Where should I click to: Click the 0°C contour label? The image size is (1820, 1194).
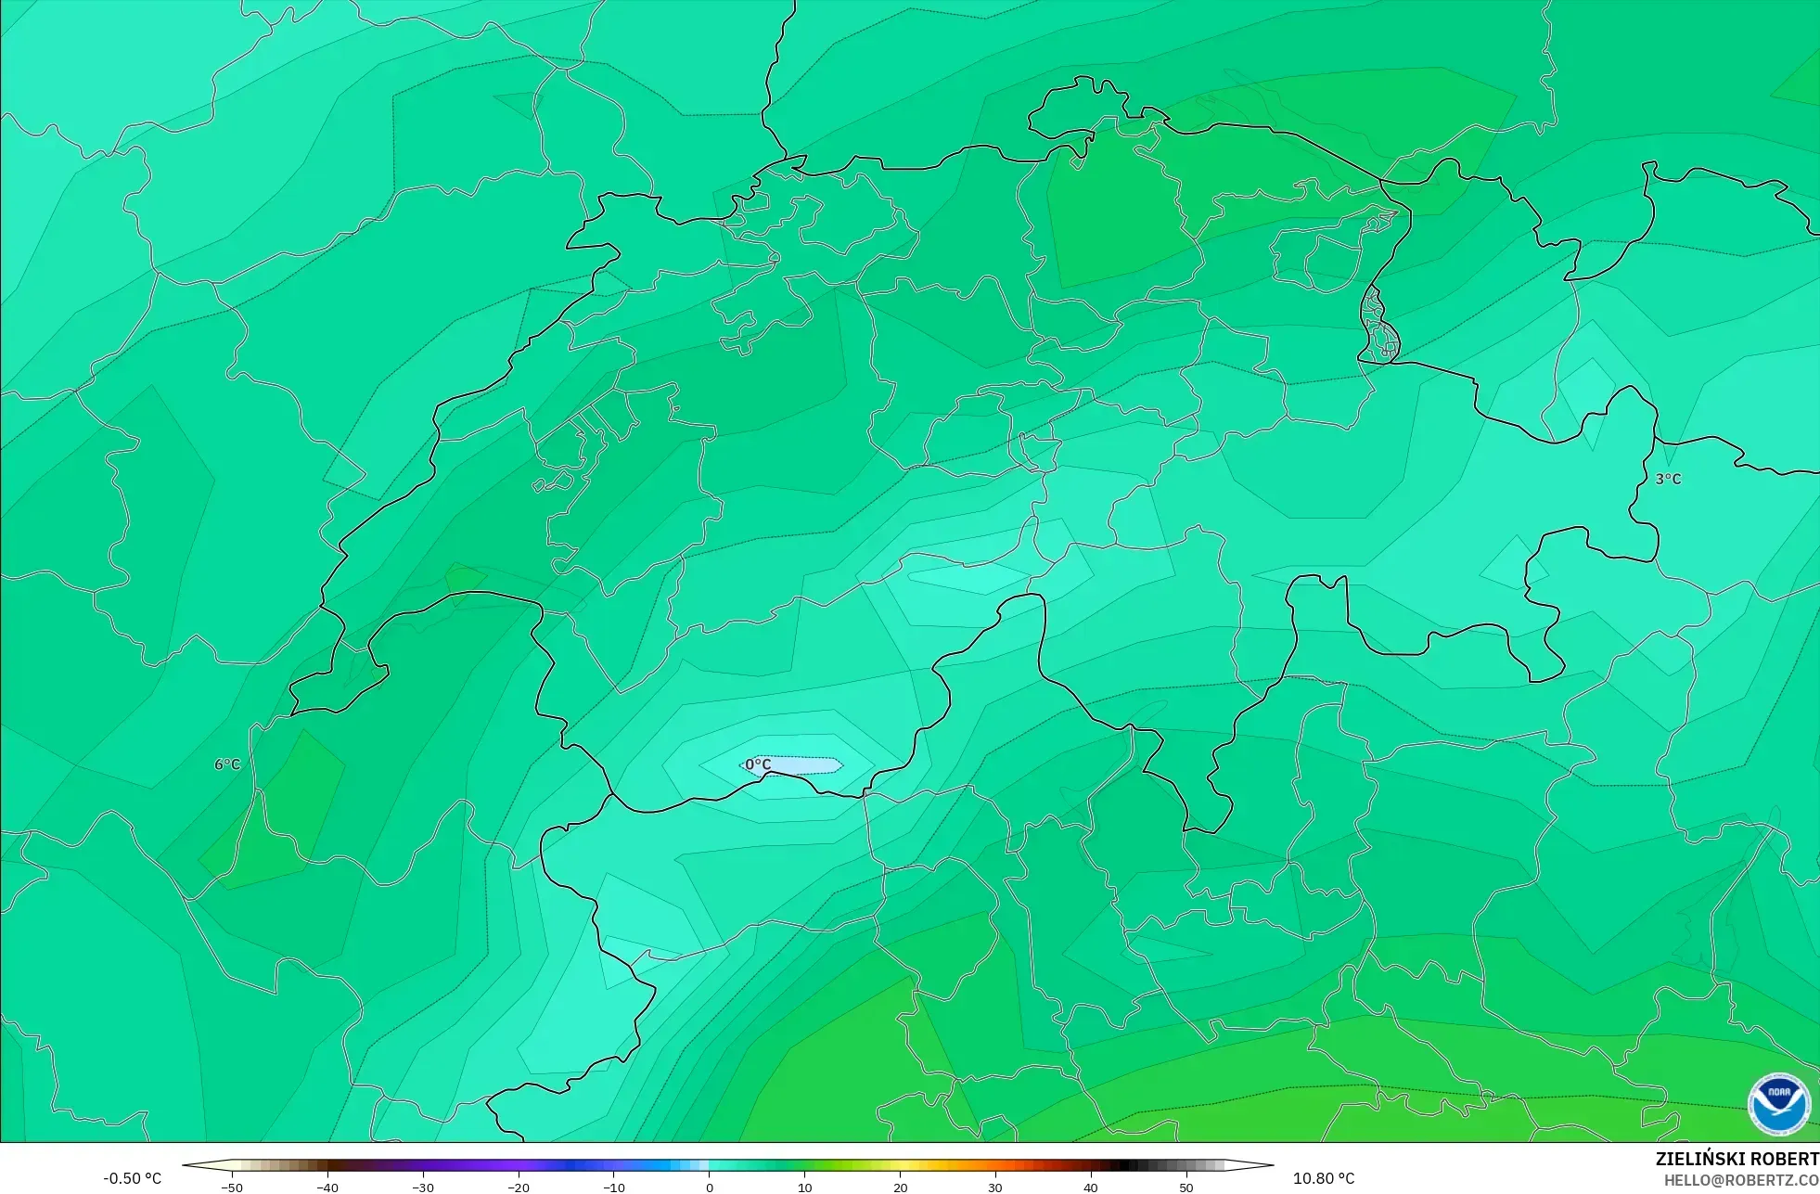(x=758, y=764)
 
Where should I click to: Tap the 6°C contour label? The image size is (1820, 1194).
(x=227, y=764)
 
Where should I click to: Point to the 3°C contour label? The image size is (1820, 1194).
(x=1668, y=479)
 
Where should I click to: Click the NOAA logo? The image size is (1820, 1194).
(x=1778, y=1104)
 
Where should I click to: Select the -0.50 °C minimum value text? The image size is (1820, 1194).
(x=132, y=1178)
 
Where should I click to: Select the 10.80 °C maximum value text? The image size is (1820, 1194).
(x=1324, y=1178)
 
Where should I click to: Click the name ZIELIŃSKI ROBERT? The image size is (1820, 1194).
(x=1737, y=1159)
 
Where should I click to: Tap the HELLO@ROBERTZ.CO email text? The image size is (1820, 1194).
(x=1740, y=1180)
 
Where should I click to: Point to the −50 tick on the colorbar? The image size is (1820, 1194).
(x=231, y=1188)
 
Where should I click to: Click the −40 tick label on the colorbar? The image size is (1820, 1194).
(x=327, y=1188)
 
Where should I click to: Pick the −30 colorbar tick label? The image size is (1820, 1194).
(x=422, y=1188)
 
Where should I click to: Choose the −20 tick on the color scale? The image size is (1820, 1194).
(x=518, y=1188)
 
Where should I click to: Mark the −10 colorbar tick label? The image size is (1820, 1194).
(x=613, y=1188)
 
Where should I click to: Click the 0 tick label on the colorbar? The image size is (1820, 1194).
(x=710, y=1188)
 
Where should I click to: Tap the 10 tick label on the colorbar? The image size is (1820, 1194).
(x=804, y=1188)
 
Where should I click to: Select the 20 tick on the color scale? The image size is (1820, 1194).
(x=900, y=1188)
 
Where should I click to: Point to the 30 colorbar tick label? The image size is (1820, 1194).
(x=995, y=1188)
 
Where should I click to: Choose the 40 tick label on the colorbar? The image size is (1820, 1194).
(x=1091, y=1188)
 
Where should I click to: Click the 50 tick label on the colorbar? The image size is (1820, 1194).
(x=1186, y=1188)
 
